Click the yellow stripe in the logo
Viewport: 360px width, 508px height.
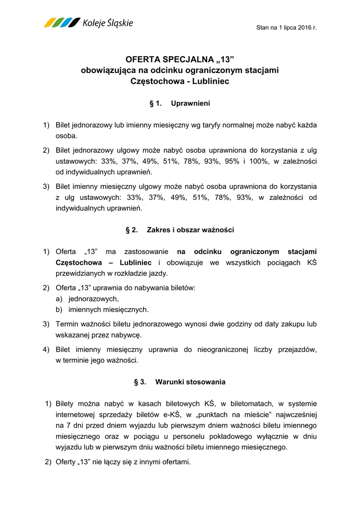click(50, 22)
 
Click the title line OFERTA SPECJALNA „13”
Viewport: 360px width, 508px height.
click(180, 60)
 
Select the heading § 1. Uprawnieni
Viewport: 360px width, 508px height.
click(180, 104)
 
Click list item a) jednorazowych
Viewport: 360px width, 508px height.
click(87, 299)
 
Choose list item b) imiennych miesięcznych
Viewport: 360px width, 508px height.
click(102, 310)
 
